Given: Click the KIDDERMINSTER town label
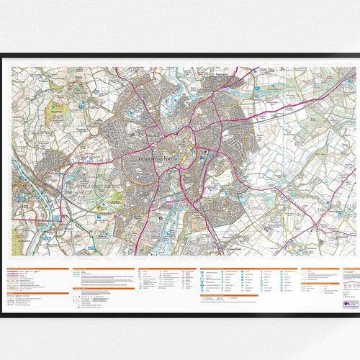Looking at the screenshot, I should pos(153,155).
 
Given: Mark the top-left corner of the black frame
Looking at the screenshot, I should pos(2,55).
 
